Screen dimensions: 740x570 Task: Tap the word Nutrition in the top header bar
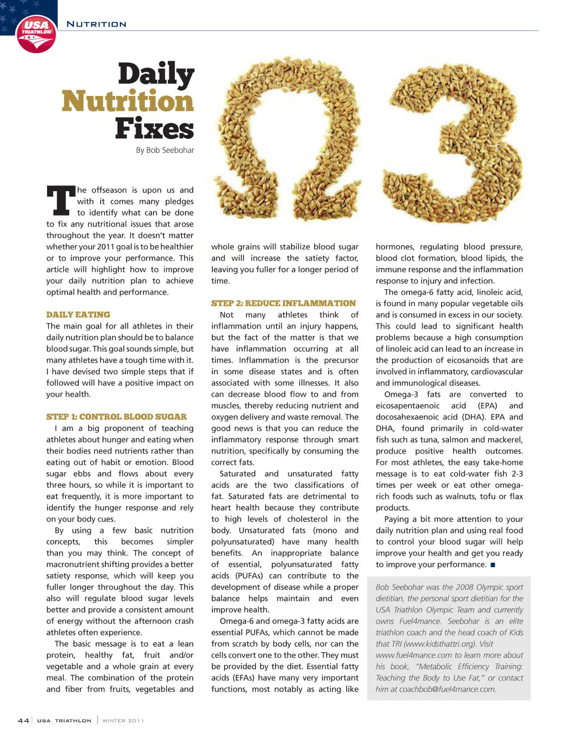96,24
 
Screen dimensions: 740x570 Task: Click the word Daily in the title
156,75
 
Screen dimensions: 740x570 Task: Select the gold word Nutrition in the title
128,101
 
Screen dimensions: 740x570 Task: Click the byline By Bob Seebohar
165,150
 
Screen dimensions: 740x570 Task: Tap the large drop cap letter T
60,200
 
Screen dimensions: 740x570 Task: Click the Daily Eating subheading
78,314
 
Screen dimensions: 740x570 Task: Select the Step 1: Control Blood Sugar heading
116,417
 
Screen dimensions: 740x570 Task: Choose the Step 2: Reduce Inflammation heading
283,303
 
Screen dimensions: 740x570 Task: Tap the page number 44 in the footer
23,721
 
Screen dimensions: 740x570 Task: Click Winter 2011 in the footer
123,721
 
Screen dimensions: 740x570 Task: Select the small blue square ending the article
493,565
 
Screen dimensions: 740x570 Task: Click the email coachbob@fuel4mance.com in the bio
447,689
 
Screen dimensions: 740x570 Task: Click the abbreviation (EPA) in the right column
487,406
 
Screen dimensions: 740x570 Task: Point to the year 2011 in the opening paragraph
105,247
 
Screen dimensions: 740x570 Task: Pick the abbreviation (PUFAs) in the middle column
249,576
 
